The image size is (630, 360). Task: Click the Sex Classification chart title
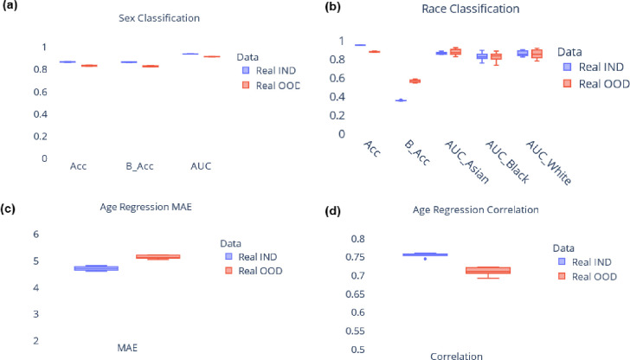(159, 18)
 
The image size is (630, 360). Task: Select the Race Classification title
(471, 9)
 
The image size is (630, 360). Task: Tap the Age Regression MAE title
(146, 207)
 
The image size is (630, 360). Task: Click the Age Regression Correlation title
(476, 209)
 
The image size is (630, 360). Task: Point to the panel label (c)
(8, 209)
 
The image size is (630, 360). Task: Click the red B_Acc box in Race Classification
(415, 81)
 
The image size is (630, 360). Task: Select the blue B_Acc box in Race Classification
(401, 100)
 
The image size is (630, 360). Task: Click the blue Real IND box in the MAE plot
(96, 268)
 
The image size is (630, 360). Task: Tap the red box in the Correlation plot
(488, 270)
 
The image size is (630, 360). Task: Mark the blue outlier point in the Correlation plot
(426, 259)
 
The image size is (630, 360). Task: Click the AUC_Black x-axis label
(507, 162)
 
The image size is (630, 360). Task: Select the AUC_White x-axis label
(548, 163)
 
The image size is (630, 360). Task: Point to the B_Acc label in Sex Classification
(139, 166)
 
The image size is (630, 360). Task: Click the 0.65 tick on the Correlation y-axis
(355, 294)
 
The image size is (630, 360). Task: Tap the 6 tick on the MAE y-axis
(36, 235)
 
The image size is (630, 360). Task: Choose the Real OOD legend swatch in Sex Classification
(246, 85)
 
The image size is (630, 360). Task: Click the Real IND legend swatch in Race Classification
(568, 67)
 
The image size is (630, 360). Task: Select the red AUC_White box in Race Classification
(537, 54)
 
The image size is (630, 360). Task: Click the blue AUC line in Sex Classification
(190, 54)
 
